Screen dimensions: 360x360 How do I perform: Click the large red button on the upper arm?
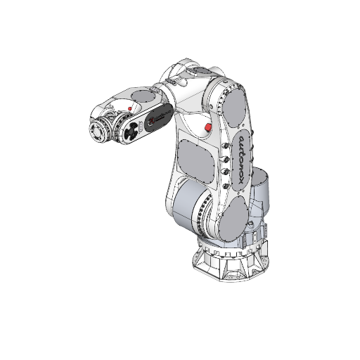coord(207,127)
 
